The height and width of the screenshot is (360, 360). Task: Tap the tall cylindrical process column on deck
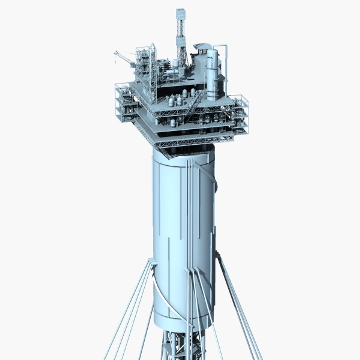212,75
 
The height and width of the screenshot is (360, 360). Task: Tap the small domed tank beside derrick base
175,63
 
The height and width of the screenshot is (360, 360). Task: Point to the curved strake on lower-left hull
163,300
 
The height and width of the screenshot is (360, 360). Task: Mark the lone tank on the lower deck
173,123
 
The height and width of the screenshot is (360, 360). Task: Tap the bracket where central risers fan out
191,270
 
